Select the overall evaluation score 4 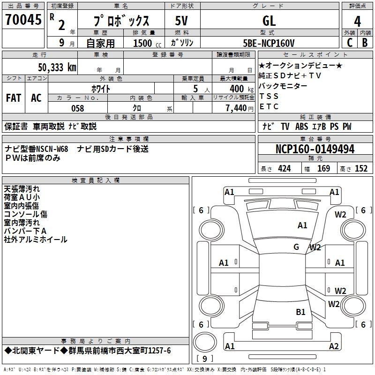358,21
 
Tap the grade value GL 269,21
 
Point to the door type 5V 182,21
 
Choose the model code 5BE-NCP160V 269,43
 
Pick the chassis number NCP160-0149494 315,149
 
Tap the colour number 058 77,108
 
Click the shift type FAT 13,98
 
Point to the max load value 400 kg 237,89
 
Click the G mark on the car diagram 296,247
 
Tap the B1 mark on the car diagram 300,312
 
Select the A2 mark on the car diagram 334,346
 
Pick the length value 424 285,169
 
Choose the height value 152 361,169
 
